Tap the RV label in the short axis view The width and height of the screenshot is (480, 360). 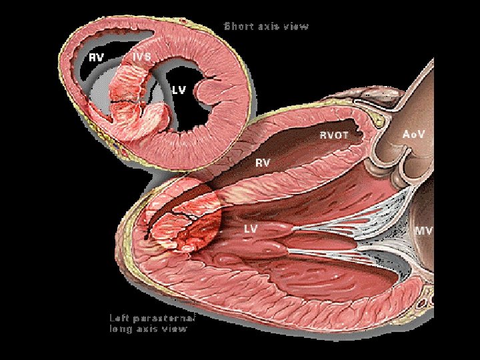click(x=97, y=57)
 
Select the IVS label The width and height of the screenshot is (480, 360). click(x=141, y=57)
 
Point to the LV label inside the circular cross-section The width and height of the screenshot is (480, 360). click(x=179, y=89)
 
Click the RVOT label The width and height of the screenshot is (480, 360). click(x=334, y=135)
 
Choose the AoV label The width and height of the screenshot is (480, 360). click(x=414, y=134)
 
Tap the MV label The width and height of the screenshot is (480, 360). click(x=424, y=231)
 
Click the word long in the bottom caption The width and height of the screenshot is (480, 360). click(x=119, y=328)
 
